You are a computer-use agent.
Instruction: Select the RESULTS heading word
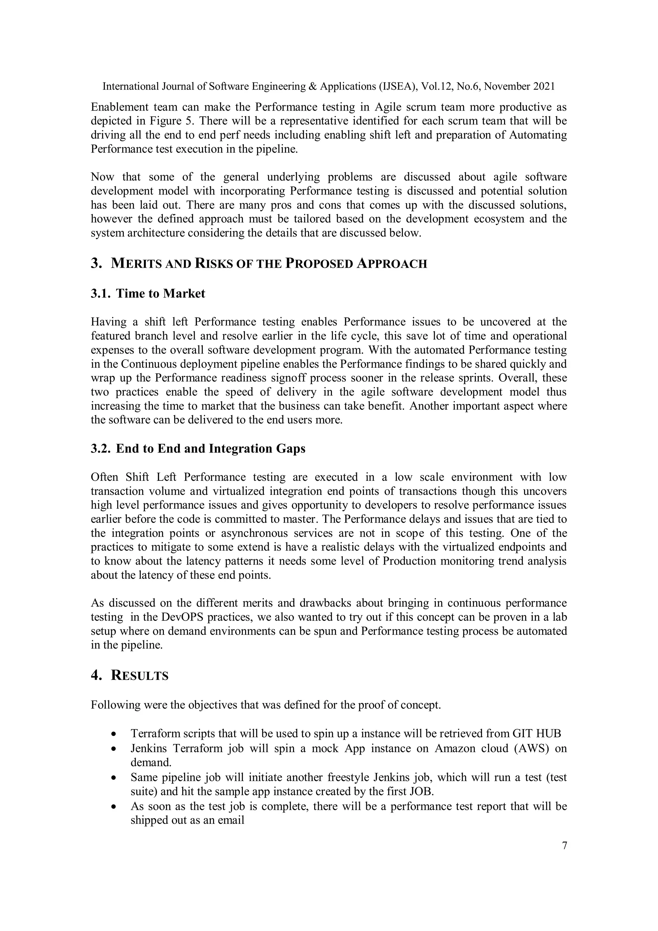pos(140,676)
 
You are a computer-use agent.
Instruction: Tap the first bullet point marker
pos(114,734)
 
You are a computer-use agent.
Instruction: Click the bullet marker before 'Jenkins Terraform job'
pos(114,748)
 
